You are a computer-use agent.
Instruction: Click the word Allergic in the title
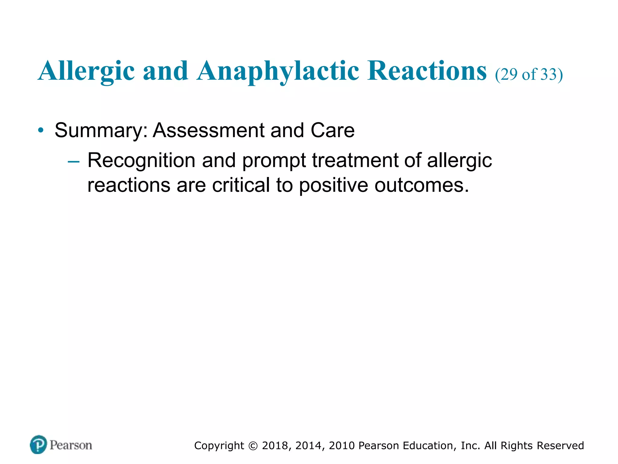pos(86,71)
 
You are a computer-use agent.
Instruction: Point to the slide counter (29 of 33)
pos(529,74)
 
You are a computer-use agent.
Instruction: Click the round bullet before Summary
pos(41,130)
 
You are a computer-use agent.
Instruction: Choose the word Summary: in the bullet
pos(101,130)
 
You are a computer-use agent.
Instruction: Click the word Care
pos(333,130)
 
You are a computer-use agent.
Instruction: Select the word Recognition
pos(141,160)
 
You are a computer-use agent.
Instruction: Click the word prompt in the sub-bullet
pos(274,161)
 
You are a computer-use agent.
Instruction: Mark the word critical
pos(241,185)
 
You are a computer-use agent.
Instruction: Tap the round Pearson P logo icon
pos(38,444)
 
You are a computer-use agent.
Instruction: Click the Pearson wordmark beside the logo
pos(71,445)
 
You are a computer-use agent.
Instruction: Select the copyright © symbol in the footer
pos(253,446)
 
